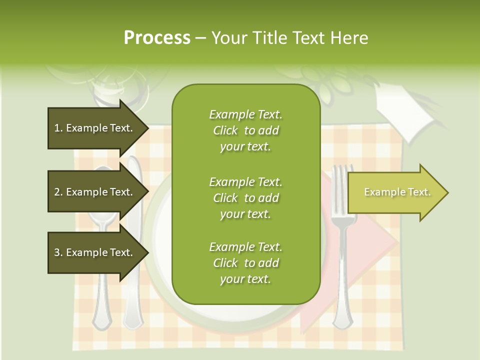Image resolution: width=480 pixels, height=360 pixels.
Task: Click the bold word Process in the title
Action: click(x=157, y=37)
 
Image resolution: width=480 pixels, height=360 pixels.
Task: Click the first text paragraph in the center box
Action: click(x=245, y=130)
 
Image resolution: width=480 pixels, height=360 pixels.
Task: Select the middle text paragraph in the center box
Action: click(x=245, y=198)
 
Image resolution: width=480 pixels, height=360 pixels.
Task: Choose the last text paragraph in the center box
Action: click(x=245, y=263)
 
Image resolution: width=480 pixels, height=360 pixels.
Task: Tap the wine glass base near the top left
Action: click(x=117, y=97)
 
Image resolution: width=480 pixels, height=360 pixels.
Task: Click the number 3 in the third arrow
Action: click(x=56, y=252)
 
